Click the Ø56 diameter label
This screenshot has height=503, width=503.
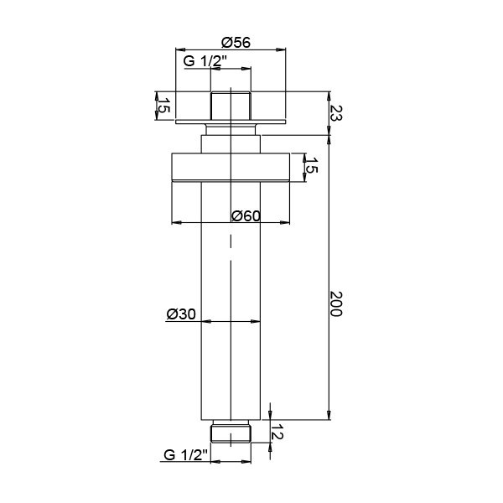pos(236,42)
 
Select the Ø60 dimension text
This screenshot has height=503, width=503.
pos(246,215)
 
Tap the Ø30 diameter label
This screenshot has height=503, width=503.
pos(181,314)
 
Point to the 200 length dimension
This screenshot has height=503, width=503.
pos(336,303)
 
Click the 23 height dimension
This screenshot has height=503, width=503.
pos(336,113)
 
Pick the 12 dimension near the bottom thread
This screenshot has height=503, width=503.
pos(277,432)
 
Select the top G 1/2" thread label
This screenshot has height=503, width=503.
pos(205,60)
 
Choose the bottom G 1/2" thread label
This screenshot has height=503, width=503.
pos(186,454)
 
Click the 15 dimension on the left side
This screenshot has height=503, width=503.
pos(163,105)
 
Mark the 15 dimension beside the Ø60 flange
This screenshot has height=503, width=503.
pos(311,165)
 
